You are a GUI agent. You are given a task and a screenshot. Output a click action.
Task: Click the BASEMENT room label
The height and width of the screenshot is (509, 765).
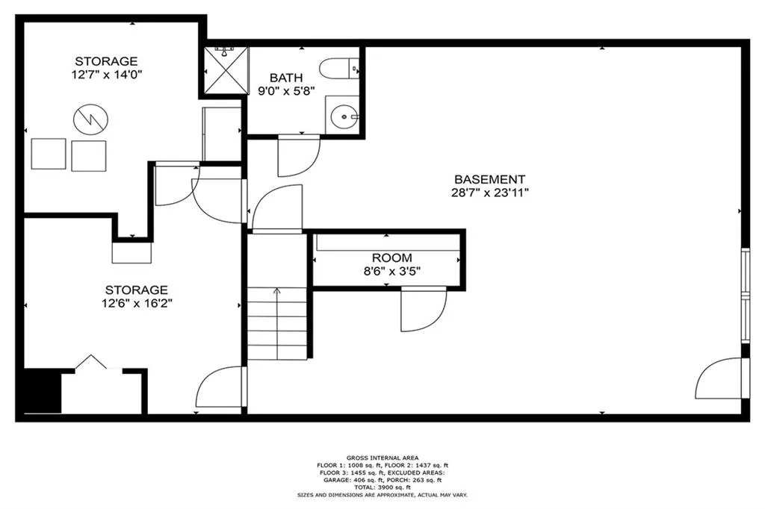point(490,179)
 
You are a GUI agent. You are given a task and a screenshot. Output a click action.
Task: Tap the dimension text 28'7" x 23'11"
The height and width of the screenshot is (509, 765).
point(490,192)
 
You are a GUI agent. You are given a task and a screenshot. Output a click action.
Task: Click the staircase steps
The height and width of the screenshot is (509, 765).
point(277,325)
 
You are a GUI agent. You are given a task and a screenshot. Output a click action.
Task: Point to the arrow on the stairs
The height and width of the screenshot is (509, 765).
point(277,292)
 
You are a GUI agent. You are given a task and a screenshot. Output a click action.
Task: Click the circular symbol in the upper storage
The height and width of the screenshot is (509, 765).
point(90,119)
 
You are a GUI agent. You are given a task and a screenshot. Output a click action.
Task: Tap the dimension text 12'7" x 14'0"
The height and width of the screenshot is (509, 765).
point(106,75)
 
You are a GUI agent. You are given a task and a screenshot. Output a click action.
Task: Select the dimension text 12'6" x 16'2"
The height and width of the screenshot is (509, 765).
point(136,303)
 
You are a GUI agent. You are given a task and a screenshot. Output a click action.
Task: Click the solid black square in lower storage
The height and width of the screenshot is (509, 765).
point(43,390)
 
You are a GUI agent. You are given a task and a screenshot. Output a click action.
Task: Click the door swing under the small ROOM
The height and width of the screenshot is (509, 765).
point(423,309)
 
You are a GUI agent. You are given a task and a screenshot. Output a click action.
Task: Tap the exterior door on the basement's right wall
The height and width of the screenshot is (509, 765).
point(722,379)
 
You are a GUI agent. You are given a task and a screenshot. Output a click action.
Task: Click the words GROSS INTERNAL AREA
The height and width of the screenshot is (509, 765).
point(382,458)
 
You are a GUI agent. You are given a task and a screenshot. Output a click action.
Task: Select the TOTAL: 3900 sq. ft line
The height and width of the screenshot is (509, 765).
point(382,487)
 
